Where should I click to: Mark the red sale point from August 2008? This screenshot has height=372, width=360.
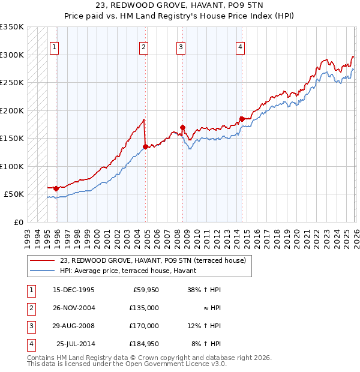coord(182,127)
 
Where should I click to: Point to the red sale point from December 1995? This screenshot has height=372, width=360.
coord(56,188)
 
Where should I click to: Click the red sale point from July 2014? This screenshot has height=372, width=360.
coord(242,119)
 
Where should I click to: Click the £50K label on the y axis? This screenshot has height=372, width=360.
coord(14,194)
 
